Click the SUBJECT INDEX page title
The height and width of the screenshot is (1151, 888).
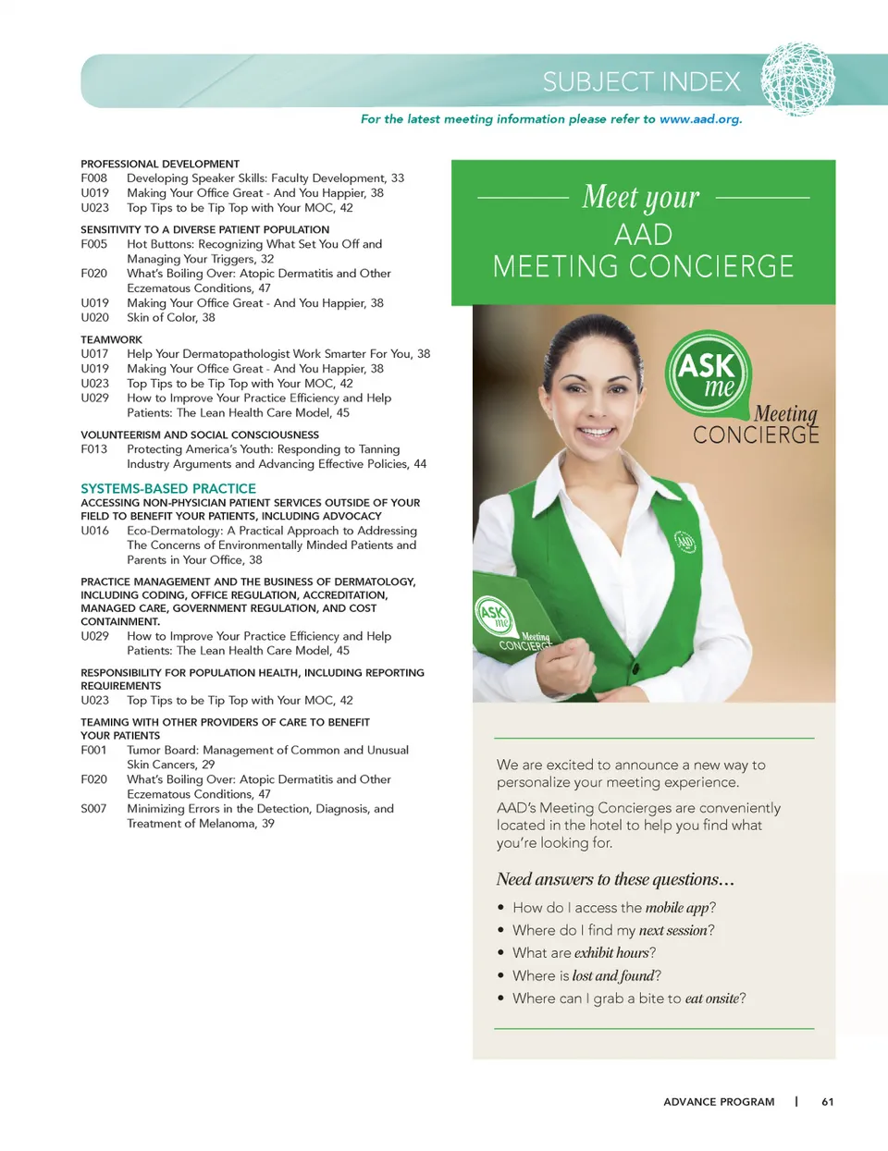tap(641, 82)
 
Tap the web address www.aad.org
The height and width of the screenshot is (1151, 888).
tap(700, 119)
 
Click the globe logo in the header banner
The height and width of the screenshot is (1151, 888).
tap(797, 80)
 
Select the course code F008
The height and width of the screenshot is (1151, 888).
tap(93, 178)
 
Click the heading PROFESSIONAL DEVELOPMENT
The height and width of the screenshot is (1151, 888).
tap(160, 164)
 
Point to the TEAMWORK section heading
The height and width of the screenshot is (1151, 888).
tap(111, 339)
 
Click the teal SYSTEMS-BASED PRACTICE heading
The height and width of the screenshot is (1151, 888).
tap(168, 488)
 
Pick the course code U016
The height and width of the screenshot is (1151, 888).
tap(94, 531)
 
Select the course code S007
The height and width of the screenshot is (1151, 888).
tap(93, 809)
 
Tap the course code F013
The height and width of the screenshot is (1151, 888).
tap(93, 449)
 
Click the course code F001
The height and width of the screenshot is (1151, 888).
tap(93, 751)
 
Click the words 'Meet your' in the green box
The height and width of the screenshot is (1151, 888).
tap(641, 197)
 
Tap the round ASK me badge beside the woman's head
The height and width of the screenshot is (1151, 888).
tap(709, 373)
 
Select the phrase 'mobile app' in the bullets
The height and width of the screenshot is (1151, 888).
tap(677, 908)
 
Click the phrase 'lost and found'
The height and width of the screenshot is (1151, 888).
tap(612, 976)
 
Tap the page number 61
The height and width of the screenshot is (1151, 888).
tap(828, 1102)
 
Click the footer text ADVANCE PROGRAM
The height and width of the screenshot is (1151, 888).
tap(719, 1102)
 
